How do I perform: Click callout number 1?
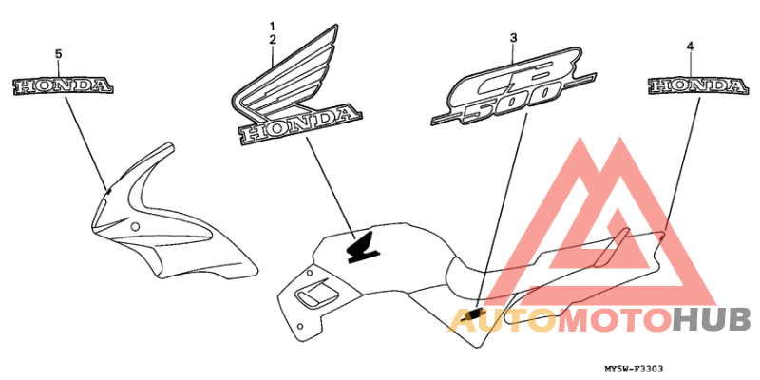[272, 25]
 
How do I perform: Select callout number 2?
[272, 39]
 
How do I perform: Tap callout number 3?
[513, 38]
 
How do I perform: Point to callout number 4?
[691, 46]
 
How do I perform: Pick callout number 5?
[59, 54]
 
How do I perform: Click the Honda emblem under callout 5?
[63, 86]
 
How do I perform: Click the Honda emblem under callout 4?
[697, 86]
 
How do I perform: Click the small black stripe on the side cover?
[474, 313]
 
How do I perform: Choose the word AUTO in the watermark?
[501, 321]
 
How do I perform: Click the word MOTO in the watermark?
[614, 321]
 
